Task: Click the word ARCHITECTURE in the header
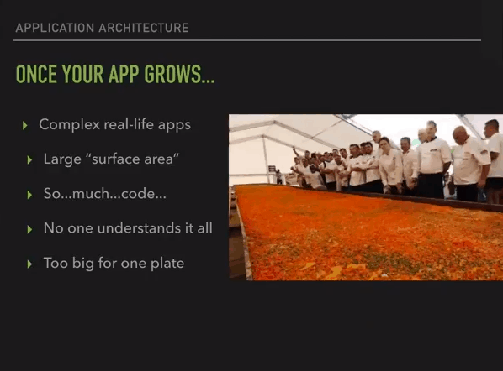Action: (x=144, y=28)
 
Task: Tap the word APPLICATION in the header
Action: (x=55, y=28)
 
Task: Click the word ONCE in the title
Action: (x=36, y=74)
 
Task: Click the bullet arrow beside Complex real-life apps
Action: (x=25, y=125)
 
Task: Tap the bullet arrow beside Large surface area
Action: (x=29, y=159)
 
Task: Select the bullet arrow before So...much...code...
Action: (x=29, y=195)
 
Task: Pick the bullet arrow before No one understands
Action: (x=29, y=229)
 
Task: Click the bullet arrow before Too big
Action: (x=29, y=264)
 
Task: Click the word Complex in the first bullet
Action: (x=69, y=125)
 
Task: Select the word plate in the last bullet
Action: (x=167, y=263)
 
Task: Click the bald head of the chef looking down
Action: (x=460, y=132)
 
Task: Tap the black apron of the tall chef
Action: (x=431, y=185)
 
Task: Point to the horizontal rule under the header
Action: (x=247, y=40)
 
